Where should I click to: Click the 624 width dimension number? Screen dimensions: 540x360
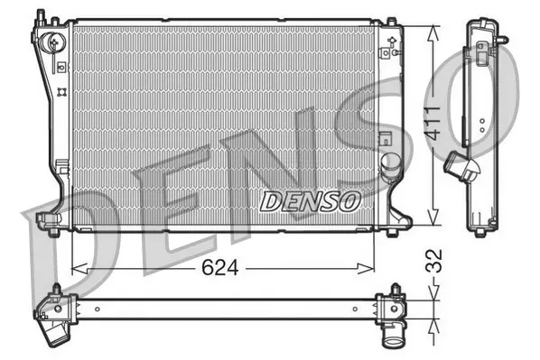coord(219,268)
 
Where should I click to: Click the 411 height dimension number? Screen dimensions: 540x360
coord(433,124)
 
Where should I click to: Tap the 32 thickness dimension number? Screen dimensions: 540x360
coord(434,261)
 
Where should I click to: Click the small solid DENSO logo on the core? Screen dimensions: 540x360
coord(310,201)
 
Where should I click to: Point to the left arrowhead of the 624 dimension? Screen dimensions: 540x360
coord(79,269)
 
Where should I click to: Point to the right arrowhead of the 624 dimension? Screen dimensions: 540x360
coord(366,269)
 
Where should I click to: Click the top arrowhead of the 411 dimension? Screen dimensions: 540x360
coord(433,33)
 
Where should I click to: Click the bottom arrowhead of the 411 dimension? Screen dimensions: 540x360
coord(433,217)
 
